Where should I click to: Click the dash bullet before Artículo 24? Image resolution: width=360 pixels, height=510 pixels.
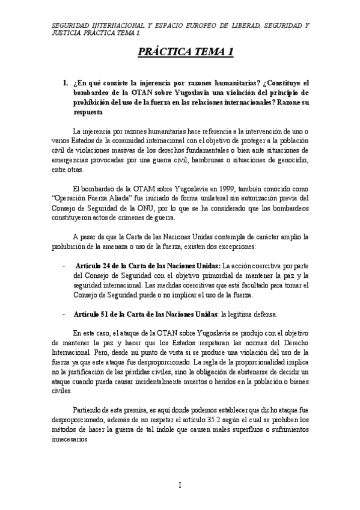tap(64, 265)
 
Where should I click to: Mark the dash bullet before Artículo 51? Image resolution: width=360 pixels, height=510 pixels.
tap(64, 315)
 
